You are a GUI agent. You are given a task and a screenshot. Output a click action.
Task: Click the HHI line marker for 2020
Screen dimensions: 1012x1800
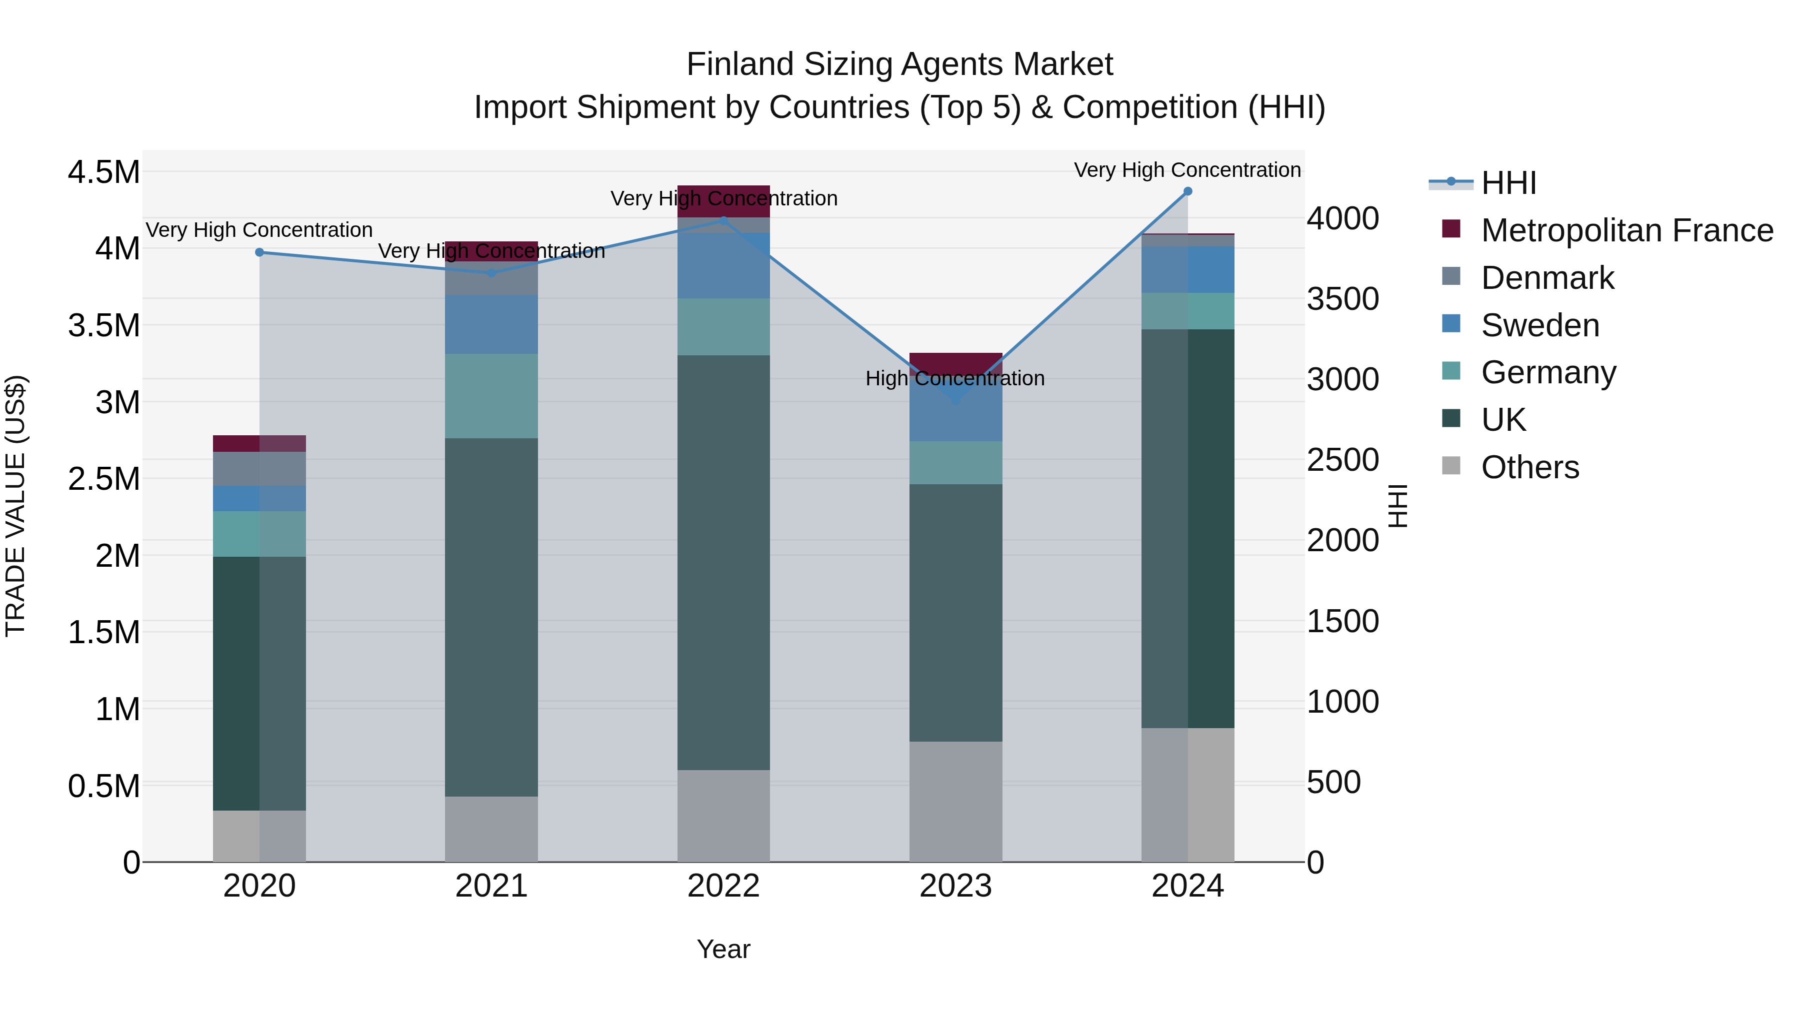click(x=259, y=252)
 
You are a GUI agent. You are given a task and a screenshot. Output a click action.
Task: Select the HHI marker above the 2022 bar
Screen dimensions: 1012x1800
click(x=723, y=221)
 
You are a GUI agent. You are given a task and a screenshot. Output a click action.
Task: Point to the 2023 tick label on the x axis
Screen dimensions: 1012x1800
click(x=955, y=886)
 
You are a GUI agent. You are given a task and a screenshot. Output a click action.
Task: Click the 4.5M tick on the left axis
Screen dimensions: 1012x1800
click(x=103, y=172)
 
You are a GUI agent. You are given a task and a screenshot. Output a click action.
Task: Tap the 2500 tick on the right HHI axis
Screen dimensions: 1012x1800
click(x=1342, y=460)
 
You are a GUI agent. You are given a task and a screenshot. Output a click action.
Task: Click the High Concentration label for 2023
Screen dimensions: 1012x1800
click(x=954, y=378)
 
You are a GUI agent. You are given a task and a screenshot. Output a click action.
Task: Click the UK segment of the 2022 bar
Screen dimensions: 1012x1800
click(x=723, y=562)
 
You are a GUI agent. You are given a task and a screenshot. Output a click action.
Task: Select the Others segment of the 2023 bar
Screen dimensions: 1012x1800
click(x=955, y=801)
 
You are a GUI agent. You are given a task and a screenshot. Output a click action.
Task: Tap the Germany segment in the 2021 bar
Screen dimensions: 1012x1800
click(x=491, y=396)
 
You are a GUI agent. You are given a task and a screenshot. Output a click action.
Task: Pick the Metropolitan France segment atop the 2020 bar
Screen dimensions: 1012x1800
click(x=259, y=443)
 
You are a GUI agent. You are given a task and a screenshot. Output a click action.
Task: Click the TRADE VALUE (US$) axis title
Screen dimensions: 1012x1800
click(x=15, y=506)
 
